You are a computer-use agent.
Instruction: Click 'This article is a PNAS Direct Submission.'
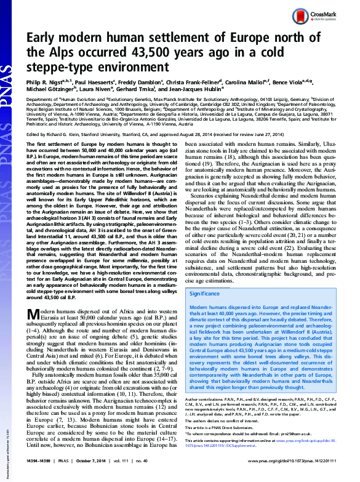tap(220, 427)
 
